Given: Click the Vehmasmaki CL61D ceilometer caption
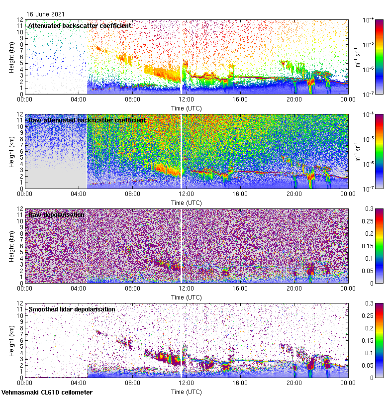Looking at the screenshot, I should [47, 393].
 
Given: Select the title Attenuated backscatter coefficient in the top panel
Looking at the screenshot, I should [80, 25].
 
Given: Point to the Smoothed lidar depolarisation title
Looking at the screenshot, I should [72, 309].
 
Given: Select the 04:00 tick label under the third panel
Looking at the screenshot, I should [79, 288].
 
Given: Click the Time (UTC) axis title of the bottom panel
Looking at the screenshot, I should [186, 392].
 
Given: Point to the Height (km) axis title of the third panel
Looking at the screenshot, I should [12, 246].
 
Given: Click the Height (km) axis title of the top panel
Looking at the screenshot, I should [12, 57].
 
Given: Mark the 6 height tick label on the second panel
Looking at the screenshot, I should [20, 151].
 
